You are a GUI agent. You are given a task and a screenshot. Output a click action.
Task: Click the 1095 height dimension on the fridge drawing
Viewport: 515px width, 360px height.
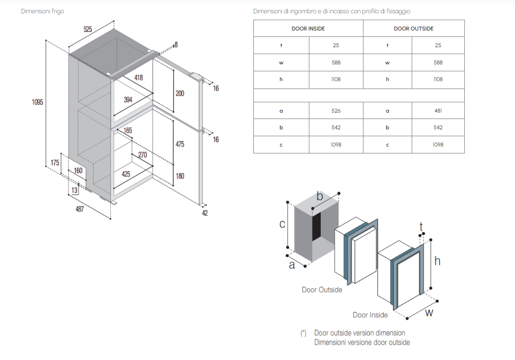tap(37, 102)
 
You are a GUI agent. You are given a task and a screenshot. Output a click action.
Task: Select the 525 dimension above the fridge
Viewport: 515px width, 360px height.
tap(88, 30)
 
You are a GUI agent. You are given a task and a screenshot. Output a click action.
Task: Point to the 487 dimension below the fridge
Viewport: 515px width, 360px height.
tap(80, 210)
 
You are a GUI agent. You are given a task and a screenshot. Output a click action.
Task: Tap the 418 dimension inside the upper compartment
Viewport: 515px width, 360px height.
tap(138, 78)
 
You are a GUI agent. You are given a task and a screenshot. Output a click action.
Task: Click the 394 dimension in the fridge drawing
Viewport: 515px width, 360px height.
tap(128, 100)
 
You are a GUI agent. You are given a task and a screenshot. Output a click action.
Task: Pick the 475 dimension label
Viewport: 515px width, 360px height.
tap(180, 144)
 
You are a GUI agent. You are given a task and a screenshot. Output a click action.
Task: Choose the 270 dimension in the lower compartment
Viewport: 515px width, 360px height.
tap(143, 155)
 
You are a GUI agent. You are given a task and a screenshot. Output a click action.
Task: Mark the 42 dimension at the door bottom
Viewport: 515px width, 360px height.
tap(205, 213)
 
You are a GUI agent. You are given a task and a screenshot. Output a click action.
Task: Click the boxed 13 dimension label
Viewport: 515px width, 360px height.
tap(74, 190)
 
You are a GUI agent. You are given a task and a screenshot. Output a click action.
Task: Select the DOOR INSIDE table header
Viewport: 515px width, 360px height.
tap(308, 29)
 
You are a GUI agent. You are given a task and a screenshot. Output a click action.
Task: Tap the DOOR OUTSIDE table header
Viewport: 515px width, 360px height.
tap(414, 29)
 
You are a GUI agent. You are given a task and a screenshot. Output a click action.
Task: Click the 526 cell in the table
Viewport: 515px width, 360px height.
tap(336, 111)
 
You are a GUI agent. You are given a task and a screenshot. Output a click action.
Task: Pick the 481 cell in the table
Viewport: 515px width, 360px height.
tap(438, 111)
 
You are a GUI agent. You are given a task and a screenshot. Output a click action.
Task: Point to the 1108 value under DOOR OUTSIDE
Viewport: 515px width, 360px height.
tap(438, 79)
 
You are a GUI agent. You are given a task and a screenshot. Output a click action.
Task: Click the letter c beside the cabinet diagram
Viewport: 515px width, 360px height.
tap(282, 224)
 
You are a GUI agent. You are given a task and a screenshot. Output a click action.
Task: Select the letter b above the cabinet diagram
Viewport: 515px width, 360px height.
tap(319, 197)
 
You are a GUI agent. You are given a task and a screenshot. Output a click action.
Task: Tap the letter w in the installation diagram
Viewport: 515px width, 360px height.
tap(429, 312)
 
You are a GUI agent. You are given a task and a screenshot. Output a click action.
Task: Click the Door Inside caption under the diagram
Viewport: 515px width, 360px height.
tap(370, 315)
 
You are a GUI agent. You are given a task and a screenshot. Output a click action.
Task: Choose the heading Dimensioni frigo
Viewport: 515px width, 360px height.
tap(42, 11)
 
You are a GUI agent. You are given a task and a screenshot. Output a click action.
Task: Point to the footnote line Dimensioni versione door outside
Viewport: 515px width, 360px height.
tap(362, 342)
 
